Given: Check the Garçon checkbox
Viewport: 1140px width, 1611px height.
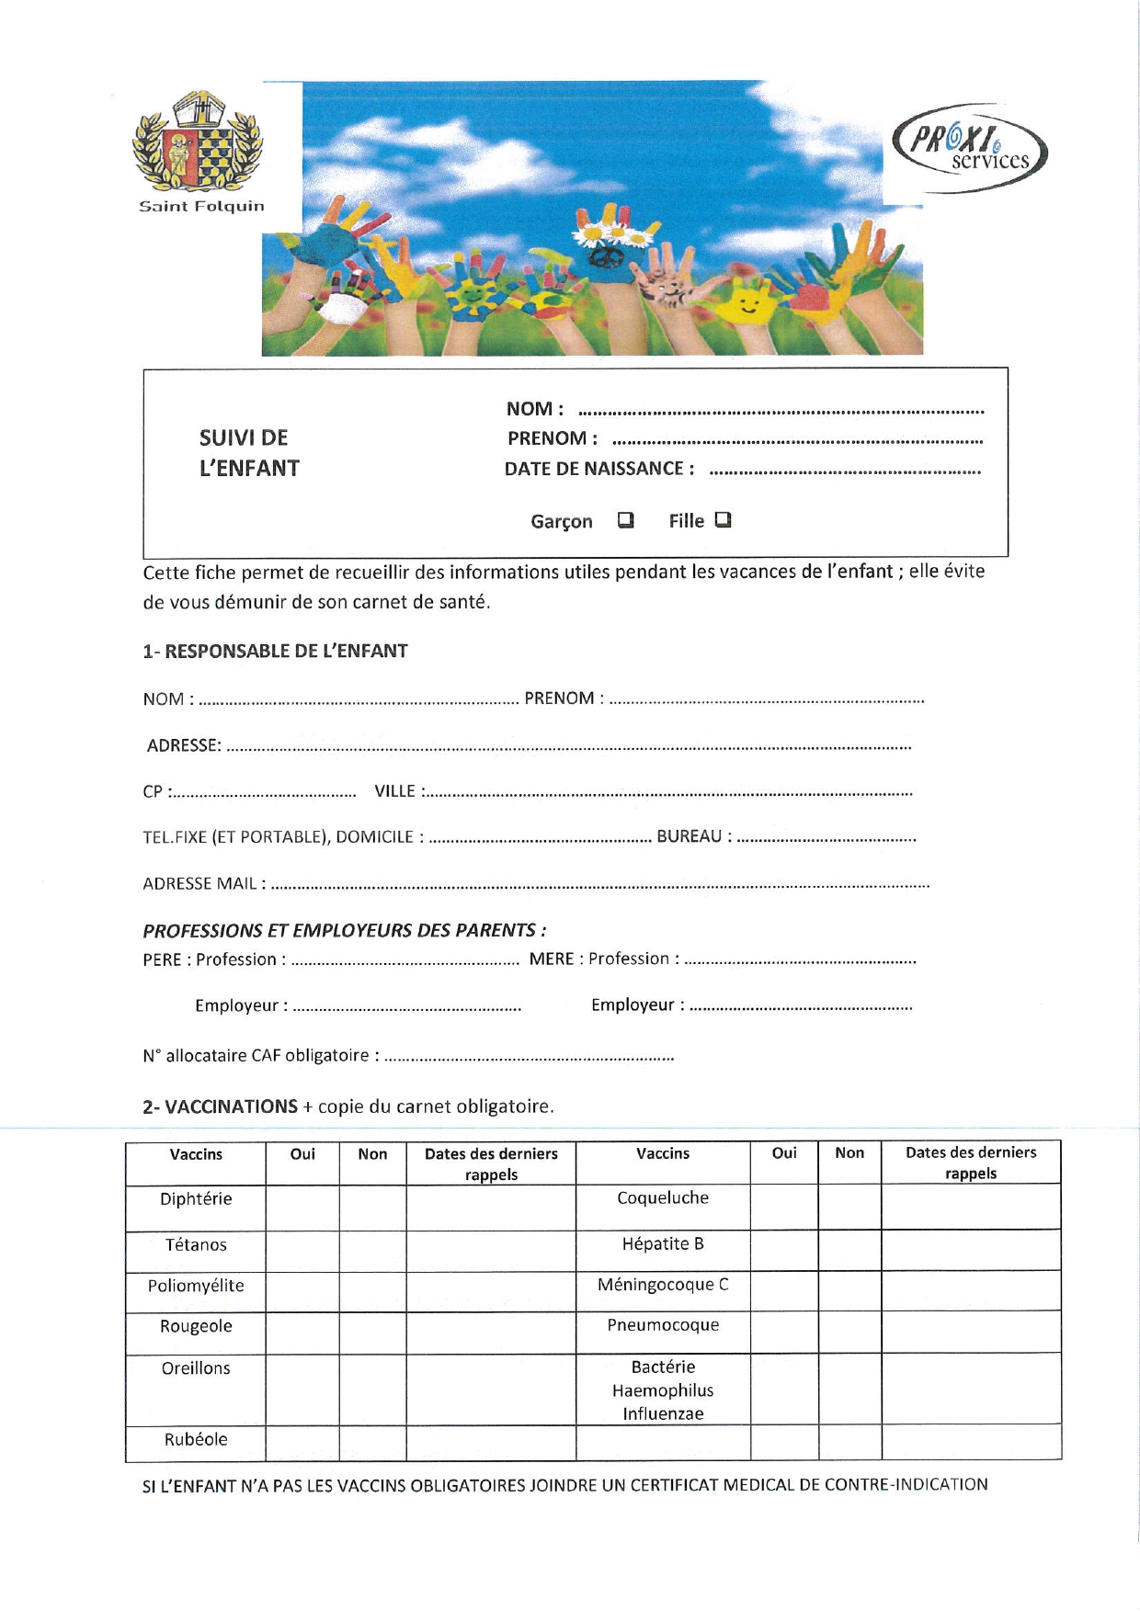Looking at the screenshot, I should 626,520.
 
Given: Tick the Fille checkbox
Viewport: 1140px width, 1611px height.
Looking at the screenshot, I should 724,520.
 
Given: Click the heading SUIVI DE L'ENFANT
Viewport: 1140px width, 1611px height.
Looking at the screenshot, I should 249,453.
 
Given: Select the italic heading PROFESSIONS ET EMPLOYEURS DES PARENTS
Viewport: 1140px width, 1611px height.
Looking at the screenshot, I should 344,931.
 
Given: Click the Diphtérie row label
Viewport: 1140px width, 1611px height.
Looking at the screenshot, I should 196,1199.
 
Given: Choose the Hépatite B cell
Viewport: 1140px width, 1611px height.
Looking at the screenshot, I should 663,1244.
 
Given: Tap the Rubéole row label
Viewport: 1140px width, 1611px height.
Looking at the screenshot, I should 196,1440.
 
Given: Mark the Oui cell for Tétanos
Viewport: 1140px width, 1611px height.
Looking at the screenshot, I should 302,1251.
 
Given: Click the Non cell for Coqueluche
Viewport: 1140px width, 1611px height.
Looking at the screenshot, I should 849,1206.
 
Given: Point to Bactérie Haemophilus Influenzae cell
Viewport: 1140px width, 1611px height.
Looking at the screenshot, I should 663,1390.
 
